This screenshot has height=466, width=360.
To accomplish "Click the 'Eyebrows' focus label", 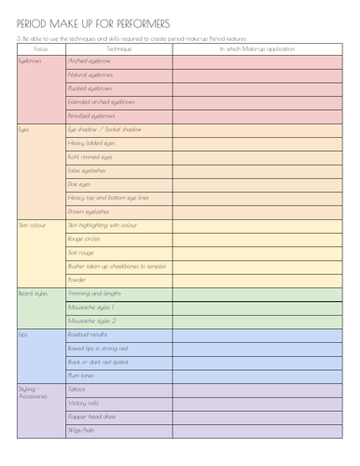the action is click(x=31, y=60).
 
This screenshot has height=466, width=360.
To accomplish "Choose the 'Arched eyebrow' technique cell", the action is click(x=88, y=60).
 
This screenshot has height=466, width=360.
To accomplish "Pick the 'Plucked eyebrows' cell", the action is click(x=90, y=88).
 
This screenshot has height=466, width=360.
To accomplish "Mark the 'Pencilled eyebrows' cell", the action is click(x=91, y=116).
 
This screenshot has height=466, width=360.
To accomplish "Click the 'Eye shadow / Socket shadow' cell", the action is click(x=104, y=130).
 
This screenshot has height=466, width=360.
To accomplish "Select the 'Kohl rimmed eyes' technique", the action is click(x=90, y=158).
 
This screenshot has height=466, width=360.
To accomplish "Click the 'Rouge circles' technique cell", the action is click(x=85, y=239).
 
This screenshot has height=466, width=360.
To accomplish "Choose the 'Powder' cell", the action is click(x=77, y=280).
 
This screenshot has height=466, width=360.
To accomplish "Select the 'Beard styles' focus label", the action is click(x=33, y=294).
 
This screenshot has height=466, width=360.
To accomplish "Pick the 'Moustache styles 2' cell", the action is click(x=91, y=321).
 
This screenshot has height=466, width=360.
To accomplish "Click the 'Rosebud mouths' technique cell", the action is click(x=89, y=334).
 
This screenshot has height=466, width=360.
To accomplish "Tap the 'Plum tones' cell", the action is click(x=82, y=375).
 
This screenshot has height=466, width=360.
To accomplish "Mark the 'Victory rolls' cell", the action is click(x=84, y=403).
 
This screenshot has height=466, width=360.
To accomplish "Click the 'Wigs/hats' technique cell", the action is click(x=80, y=430).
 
